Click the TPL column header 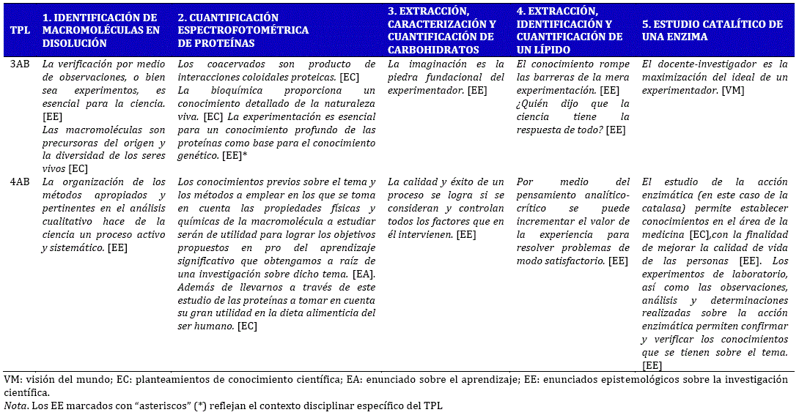coord(20,31)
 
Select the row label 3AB coord(20,64)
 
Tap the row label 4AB coord(20,182)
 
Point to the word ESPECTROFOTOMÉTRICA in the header coord(243,31)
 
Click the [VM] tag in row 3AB coord(733,90)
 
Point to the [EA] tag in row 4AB coord(364,274)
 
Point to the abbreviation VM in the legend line coord(12,380)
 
